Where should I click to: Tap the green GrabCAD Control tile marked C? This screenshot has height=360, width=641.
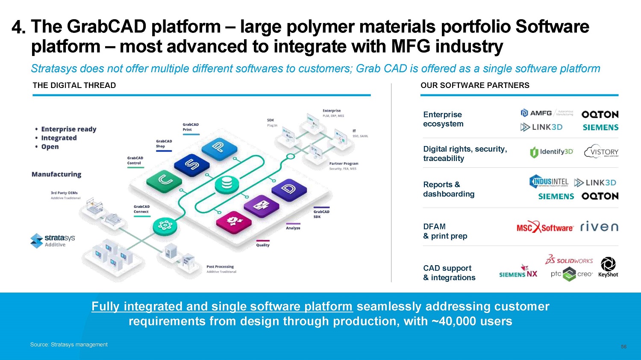pos(165,180)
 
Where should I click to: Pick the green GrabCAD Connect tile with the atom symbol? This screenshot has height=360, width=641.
pos(165,225)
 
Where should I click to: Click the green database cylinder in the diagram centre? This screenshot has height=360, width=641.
pos(227,184)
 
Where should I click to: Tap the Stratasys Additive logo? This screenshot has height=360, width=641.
pos(53,240)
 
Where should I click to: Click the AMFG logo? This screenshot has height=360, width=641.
pos(536,113)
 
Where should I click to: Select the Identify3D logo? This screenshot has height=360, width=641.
pos(551,152)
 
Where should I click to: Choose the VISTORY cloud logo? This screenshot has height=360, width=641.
pos(601,152)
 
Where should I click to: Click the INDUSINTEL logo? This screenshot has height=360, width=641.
pos(549,182)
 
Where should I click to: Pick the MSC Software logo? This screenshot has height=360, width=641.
pos(545,228)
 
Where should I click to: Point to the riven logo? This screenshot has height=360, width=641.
pos(599,227)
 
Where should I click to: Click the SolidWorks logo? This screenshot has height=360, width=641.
pos(569,260)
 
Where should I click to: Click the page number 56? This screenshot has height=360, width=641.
pos(623,347)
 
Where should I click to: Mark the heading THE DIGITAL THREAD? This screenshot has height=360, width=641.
pos(74,85)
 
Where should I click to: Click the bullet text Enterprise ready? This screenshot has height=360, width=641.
pos(68,129)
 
